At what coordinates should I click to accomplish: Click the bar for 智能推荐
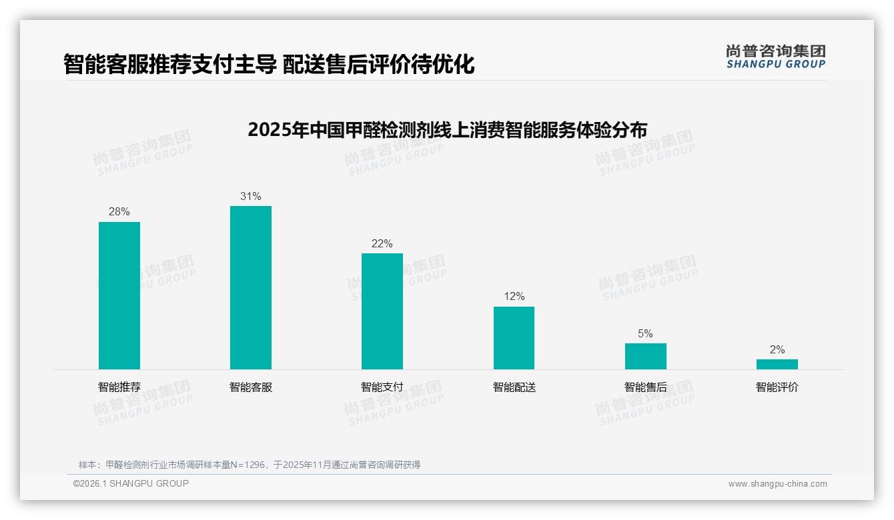coord(119,295)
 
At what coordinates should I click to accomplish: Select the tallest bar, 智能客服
coord(251,287)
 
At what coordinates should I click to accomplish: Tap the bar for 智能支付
coord(382,311)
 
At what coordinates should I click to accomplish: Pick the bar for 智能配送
coord(514,338)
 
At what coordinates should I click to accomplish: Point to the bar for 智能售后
coord(645,356)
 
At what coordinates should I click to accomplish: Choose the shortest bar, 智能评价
coord(777,364)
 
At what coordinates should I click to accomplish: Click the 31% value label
coord(251,197)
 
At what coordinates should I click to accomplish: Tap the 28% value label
coord(119,212)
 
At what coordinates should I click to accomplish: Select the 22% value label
coord(382,244)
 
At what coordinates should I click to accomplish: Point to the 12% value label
coord(514,297)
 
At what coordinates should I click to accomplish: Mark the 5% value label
coord(645,334)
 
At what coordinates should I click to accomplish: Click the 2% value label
coord(777,350)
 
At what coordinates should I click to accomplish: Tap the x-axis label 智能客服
coord(251,387)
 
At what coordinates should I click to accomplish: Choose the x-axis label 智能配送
coord(514,387)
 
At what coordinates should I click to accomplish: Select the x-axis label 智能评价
coord(777,387)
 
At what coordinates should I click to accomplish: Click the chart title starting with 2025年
coord(447,129)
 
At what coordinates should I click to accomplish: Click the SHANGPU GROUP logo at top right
coord(775,57)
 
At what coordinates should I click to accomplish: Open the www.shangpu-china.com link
coord(777,484)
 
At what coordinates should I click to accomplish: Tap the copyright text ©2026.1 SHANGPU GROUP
coord(131,483)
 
